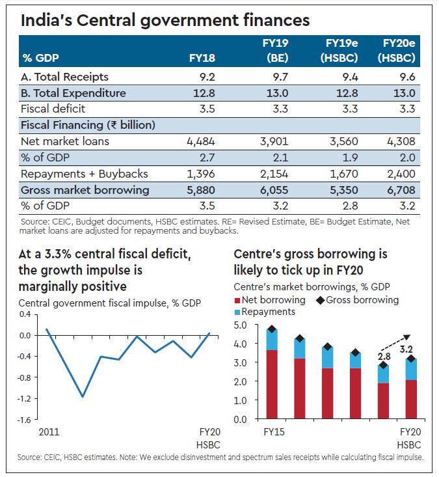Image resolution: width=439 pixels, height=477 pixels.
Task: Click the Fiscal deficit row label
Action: click(53, 109)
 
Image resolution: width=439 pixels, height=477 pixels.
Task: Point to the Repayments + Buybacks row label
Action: click(85, 174)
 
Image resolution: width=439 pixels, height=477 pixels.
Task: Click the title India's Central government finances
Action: click(165, 21)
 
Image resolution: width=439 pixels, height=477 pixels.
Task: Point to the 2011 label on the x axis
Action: click(47, 431)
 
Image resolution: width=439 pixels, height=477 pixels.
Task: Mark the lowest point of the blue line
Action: click(83, 396)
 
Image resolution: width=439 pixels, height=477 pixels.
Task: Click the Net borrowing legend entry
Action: click(269, 300)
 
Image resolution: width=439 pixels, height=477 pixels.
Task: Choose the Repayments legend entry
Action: click(263, 312)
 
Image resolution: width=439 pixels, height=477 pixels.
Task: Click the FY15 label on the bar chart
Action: click(273, 431)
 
